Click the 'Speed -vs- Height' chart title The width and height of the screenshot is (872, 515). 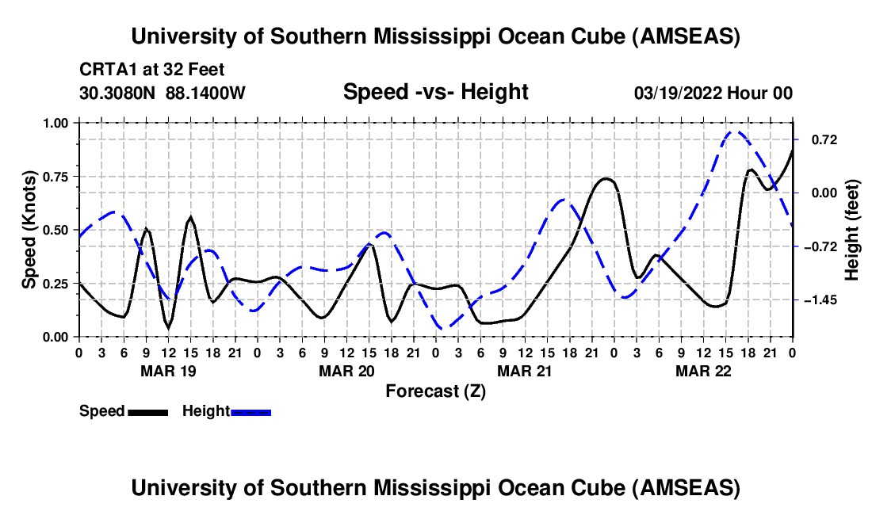pos(435,93)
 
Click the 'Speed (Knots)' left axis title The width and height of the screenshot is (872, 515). pos(29,230)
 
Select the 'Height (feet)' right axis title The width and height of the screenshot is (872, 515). pos(852,230)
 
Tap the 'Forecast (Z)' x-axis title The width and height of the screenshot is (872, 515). pos(435,391)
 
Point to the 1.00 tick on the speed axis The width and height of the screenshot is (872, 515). pos(55,123)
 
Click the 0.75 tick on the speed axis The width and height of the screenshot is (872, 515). pos(55,177)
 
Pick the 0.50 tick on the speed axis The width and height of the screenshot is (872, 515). pos(55,230)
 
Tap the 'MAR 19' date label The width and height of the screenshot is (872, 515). pos(167,371)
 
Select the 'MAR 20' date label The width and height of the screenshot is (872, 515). pos(346,371)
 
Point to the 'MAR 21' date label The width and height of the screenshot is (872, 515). pos(524,371)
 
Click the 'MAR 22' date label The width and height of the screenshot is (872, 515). pos(702,371)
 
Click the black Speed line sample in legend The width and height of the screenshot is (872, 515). pos(147,411)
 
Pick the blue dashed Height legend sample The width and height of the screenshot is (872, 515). pos(251,411)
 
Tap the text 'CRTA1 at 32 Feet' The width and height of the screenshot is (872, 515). pos(152,70)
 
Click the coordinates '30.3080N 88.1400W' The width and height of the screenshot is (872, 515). pos(163,93)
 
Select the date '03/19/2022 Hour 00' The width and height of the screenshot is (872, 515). pos(713,93)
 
